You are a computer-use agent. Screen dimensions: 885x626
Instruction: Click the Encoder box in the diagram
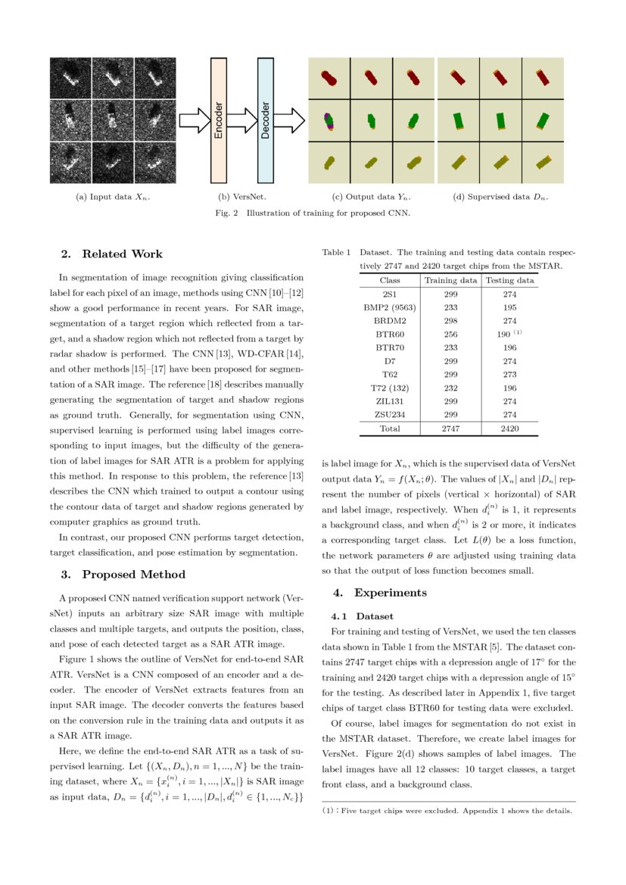pyautogui.click(x=218, y=120)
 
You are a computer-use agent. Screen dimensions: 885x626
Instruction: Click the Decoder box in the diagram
pyautogui.click(x=266, y=120)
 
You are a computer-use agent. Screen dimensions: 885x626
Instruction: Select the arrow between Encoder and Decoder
pyautogui.click(x=241, y=120)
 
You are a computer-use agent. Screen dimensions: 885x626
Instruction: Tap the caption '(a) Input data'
pyautogui.click(x=113, y=198)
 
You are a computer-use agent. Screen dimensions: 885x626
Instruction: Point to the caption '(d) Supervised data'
pyautogui.click(x=500, y=198)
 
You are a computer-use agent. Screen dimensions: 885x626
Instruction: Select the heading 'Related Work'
pyautogui.click(x=122, y=254)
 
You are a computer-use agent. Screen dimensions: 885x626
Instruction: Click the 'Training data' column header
pyautogui.click(x=450, y=280)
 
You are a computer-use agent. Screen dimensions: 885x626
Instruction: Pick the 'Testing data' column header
pyautogui.click(x=509, y=280)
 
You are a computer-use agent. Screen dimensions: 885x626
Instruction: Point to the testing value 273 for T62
pyautogui.click(x=509, y=374)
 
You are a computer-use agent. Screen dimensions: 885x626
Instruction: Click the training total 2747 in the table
pyautogui.click(x=450, y=428)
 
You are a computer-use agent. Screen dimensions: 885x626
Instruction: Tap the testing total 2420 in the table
pyautogui.click(x=509, y=428)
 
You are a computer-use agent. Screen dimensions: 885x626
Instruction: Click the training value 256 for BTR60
pyautogui.click(x=450, y=333)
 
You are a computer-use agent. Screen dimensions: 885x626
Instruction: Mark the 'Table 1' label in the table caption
pyautogui.click(x=337, y=252)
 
